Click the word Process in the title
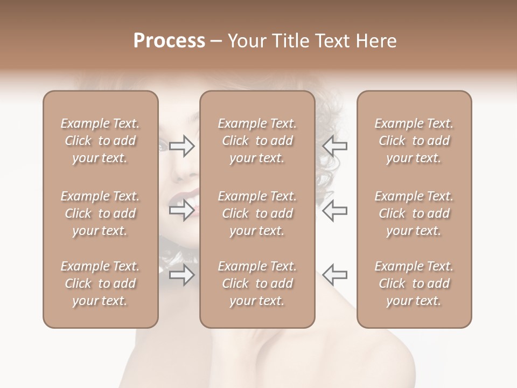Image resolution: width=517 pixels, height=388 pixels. click(x=169, y=41)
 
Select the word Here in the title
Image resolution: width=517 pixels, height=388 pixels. click(x=377, y=41)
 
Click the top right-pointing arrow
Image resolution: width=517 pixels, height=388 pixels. click(x=182, y=146)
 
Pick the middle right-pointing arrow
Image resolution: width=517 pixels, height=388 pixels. click(x=182, y=210)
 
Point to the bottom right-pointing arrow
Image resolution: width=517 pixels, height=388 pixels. click(x=182, y=275)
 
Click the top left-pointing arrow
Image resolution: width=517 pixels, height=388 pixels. click(x=335, y=146)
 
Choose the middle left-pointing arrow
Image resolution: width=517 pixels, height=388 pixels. click(x=335, y=210)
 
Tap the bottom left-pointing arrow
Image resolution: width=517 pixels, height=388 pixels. click(x=335, y=275)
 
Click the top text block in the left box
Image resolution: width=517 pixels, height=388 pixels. click(x=100, y=141)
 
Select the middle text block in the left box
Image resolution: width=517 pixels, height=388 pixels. click(x=100, y=213)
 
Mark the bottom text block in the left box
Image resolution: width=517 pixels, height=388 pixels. click(x=100, y=283)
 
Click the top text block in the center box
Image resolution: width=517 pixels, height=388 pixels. click(x=257, y=141)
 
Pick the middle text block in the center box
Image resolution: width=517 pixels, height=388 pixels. click(x=257, y=213)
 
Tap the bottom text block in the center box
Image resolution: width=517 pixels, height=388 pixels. click(x=257, y=283)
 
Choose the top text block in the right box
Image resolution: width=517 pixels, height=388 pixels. click(x=414, y=141)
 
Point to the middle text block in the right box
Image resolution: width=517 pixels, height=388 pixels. click(x=414, y=213)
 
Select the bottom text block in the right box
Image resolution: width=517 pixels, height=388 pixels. click(x=414, y=283)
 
